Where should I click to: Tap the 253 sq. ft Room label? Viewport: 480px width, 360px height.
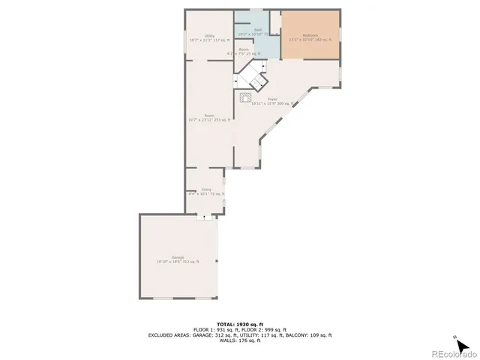pyautogui.click(x=209, y=117)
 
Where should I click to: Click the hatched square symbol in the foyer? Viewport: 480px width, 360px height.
pyautogui.click(x=246, y=96)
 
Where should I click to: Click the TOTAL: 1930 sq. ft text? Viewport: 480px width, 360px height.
pyautogui.click(x=240, y=323)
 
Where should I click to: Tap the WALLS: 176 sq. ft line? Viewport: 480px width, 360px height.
pyautogui.click(x=240, y=341)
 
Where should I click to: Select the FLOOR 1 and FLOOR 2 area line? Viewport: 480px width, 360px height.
pyautogui.click(x=240, y=329)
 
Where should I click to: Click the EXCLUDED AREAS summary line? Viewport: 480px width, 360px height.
pyautogui.click(x=240, y=335)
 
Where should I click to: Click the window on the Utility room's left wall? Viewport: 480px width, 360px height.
pyautogui.click(x=186, y=41)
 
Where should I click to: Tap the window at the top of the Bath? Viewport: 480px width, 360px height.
pyautogui.click(x=256, y=10)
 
